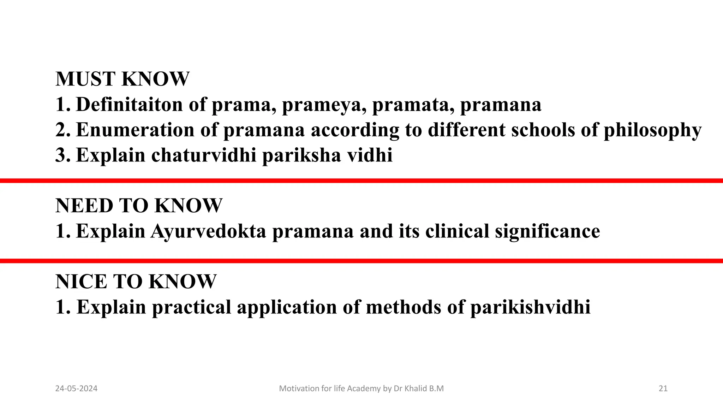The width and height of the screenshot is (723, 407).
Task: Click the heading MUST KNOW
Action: (x=122, y=79)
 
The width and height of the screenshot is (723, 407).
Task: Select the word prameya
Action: (x=324, y=105)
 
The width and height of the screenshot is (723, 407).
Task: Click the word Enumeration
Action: (x=135, y=130)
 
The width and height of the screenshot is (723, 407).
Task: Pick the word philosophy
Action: (x=652, y=130)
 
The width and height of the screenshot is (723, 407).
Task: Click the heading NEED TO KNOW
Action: (x=139, y=206)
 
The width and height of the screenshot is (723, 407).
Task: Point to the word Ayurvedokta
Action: (x=208, y=231)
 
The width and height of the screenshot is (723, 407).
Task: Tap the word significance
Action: (x=547, y=231)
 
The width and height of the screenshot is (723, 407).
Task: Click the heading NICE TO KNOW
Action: (x=136, y=282)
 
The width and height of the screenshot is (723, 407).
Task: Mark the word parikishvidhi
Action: (x=530, y=307)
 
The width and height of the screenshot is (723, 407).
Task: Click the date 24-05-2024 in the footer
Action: (x=76, y=389)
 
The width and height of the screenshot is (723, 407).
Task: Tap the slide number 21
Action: (x=663, y=389)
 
